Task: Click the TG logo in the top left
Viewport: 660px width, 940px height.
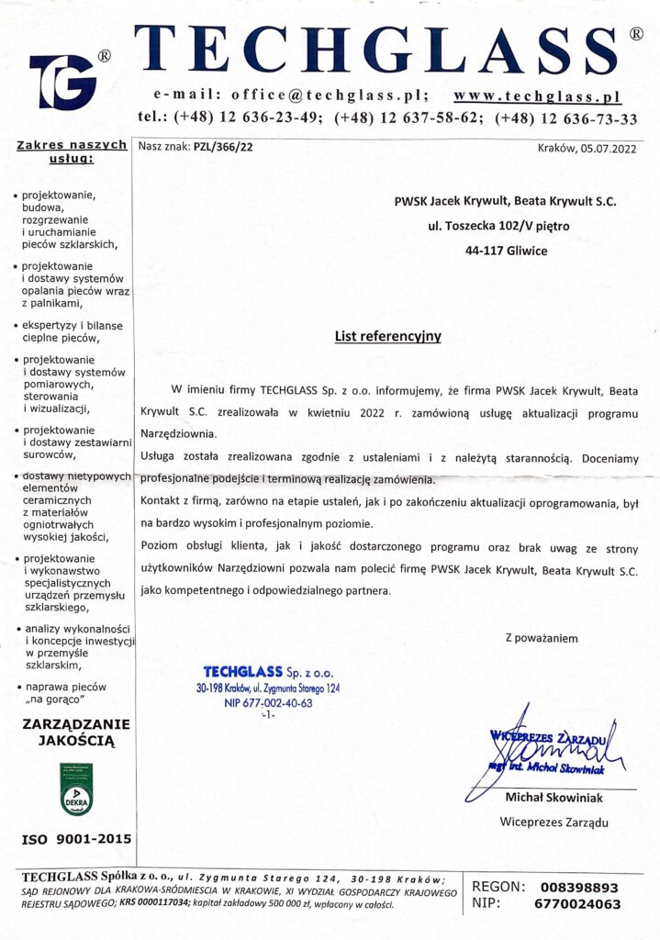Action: tap(62, 81)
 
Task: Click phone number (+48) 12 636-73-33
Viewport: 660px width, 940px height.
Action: tap(565, 118)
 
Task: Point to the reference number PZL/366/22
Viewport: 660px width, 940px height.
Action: tap(223, 146)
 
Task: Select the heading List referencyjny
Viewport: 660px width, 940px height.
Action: tap(387, 336)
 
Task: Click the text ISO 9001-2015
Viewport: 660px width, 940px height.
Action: tap(76, 839)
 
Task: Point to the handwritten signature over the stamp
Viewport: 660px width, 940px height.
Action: tap(551, 744)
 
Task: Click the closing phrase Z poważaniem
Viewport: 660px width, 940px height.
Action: tap(542, 637)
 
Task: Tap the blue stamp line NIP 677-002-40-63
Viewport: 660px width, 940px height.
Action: tap(268, 702)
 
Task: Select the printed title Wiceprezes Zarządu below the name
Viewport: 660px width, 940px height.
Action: tap(554, 822)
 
